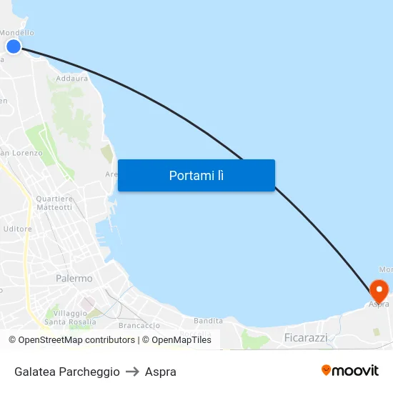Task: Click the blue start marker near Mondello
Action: pyautogui.click(x=14, y=46)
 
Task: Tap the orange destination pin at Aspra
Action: pyautogui.click(x=379, y=290)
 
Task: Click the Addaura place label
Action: pyautogui.click(x=71, y=79)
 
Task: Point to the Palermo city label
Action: pyautogui.click(x=74, y=278)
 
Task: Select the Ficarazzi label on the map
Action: pyautogui.click(x=305, y=337)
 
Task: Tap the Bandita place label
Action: pyautogui.click(x=208, y=321)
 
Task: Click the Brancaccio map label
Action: pyautogui.click(x=139, y=325)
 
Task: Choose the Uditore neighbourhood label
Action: pyautogui.click(x=18, y=229)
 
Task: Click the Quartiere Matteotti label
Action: pyautogui.click(x=54, y=203)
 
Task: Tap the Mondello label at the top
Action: pyautogui.click(x=16, y=33)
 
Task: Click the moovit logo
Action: pyautogui.click(x=349, y=370)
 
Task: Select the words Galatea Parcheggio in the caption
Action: pyautogui.click(x=67, y=372)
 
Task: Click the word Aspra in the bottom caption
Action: pyautogui.click(x=161, y=372)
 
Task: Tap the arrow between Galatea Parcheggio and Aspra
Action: pyautogui.click(x=132, y=372)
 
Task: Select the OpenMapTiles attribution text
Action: pyautogui.click(x=176, y=340)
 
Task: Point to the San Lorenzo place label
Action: pyautogui.click(x=21, y=153)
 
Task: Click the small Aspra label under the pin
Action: pyautogui.click(x=379, y=304)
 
